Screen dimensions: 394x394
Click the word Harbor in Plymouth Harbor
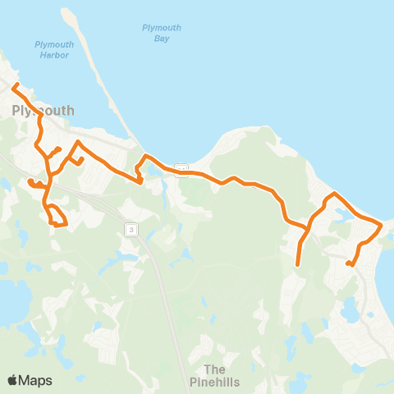[54, 56]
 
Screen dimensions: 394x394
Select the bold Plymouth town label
[43, 110]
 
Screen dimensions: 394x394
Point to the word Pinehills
[214, 382]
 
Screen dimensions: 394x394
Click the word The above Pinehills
[214, 369]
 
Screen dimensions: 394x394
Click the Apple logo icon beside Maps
[12, 380]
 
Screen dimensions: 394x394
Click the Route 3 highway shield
[130, 229]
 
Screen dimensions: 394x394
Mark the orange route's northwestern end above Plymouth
[13, 84]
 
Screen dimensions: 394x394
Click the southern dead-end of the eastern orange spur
[297, 264]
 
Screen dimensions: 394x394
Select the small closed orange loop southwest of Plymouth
[57, 218]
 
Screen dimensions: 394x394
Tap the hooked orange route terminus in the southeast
[349, 263]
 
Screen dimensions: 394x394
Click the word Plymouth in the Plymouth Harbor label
[54, 44]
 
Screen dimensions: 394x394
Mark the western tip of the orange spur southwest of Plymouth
[30, 181]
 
